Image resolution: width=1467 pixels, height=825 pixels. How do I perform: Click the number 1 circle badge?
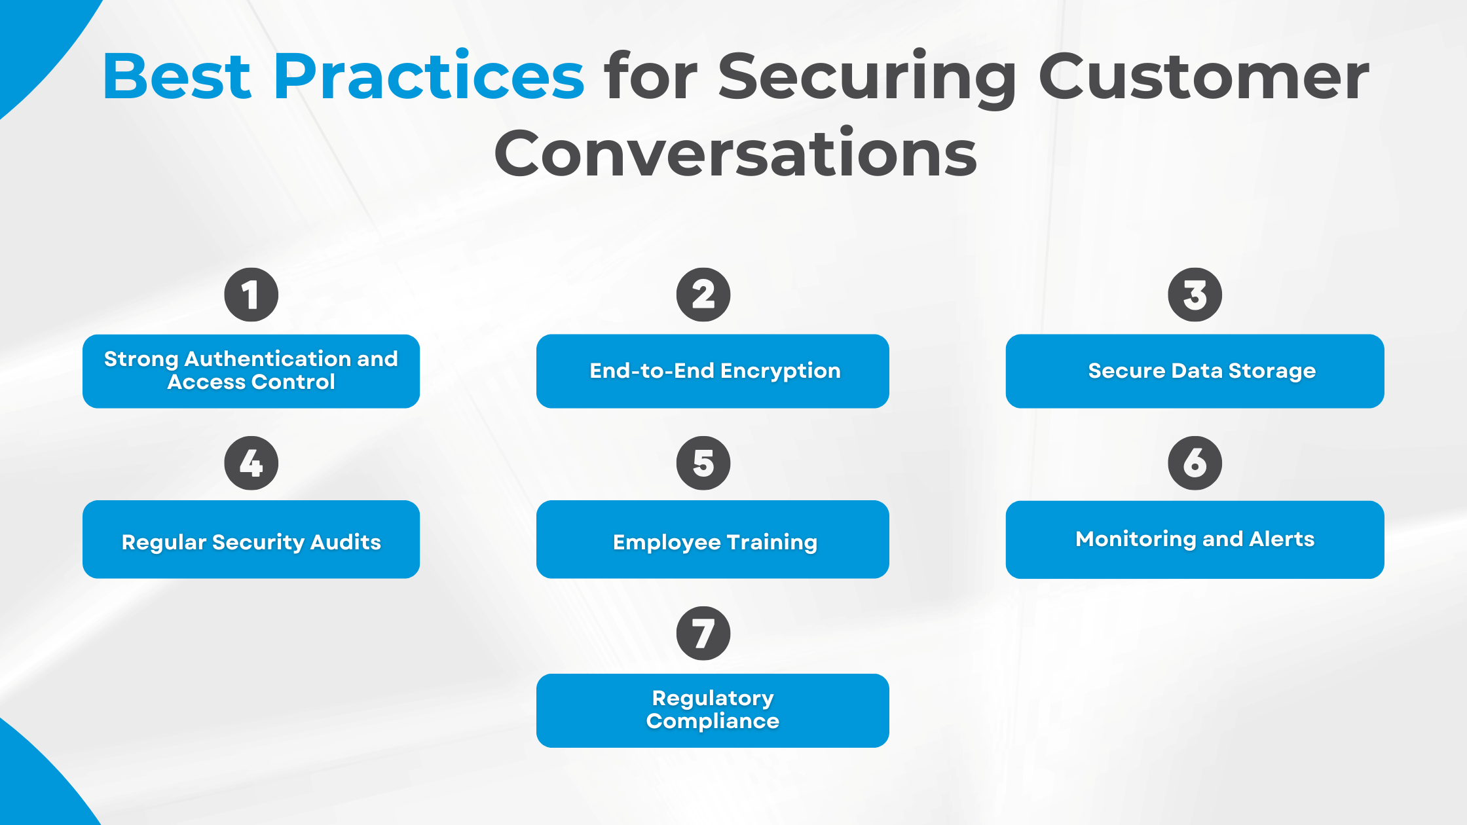(251, 295)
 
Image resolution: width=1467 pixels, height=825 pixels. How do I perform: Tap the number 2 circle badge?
(703, 295)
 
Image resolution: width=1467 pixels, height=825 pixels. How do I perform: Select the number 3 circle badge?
(1195, 295)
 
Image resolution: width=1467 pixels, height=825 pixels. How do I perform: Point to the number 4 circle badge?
(251, 463)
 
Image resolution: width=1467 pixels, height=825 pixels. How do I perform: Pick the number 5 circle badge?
(703, 463)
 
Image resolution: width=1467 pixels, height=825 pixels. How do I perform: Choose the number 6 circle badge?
(1195, 463)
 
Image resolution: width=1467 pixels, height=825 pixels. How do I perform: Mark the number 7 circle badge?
(703, 633)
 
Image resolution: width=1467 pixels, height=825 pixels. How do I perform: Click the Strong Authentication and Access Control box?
(251, 371)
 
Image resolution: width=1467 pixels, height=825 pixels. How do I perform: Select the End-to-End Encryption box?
(713, 371)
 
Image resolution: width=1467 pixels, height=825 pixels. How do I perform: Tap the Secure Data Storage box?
(1195, 371)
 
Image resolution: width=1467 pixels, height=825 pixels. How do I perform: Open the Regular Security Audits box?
(251, 540)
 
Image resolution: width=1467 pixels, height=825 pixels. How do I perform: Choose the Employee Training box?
(713, 540)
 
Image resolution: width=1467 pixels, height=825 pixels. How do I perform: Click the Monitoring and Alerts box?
(1195, 540)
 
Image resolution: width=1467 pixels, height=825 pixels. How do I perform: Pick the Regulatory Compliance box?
(713, 710)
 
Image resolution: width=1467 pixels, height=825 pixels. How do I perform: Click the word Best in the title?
(177, 77)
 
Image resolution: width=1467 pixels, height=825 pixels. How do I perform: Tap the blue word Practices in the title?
(429, 77)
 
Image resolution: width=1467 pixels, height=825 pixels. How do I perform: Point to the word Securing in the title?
(868, 77)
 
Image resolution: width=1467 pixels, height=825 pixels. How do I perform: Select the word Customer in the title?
(1204, 77)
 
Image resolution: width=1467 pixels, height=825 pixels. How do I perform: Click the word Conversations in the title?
(735, 154)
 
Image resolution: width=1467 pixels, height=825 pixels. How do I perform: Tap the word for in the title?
(652, 77)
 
